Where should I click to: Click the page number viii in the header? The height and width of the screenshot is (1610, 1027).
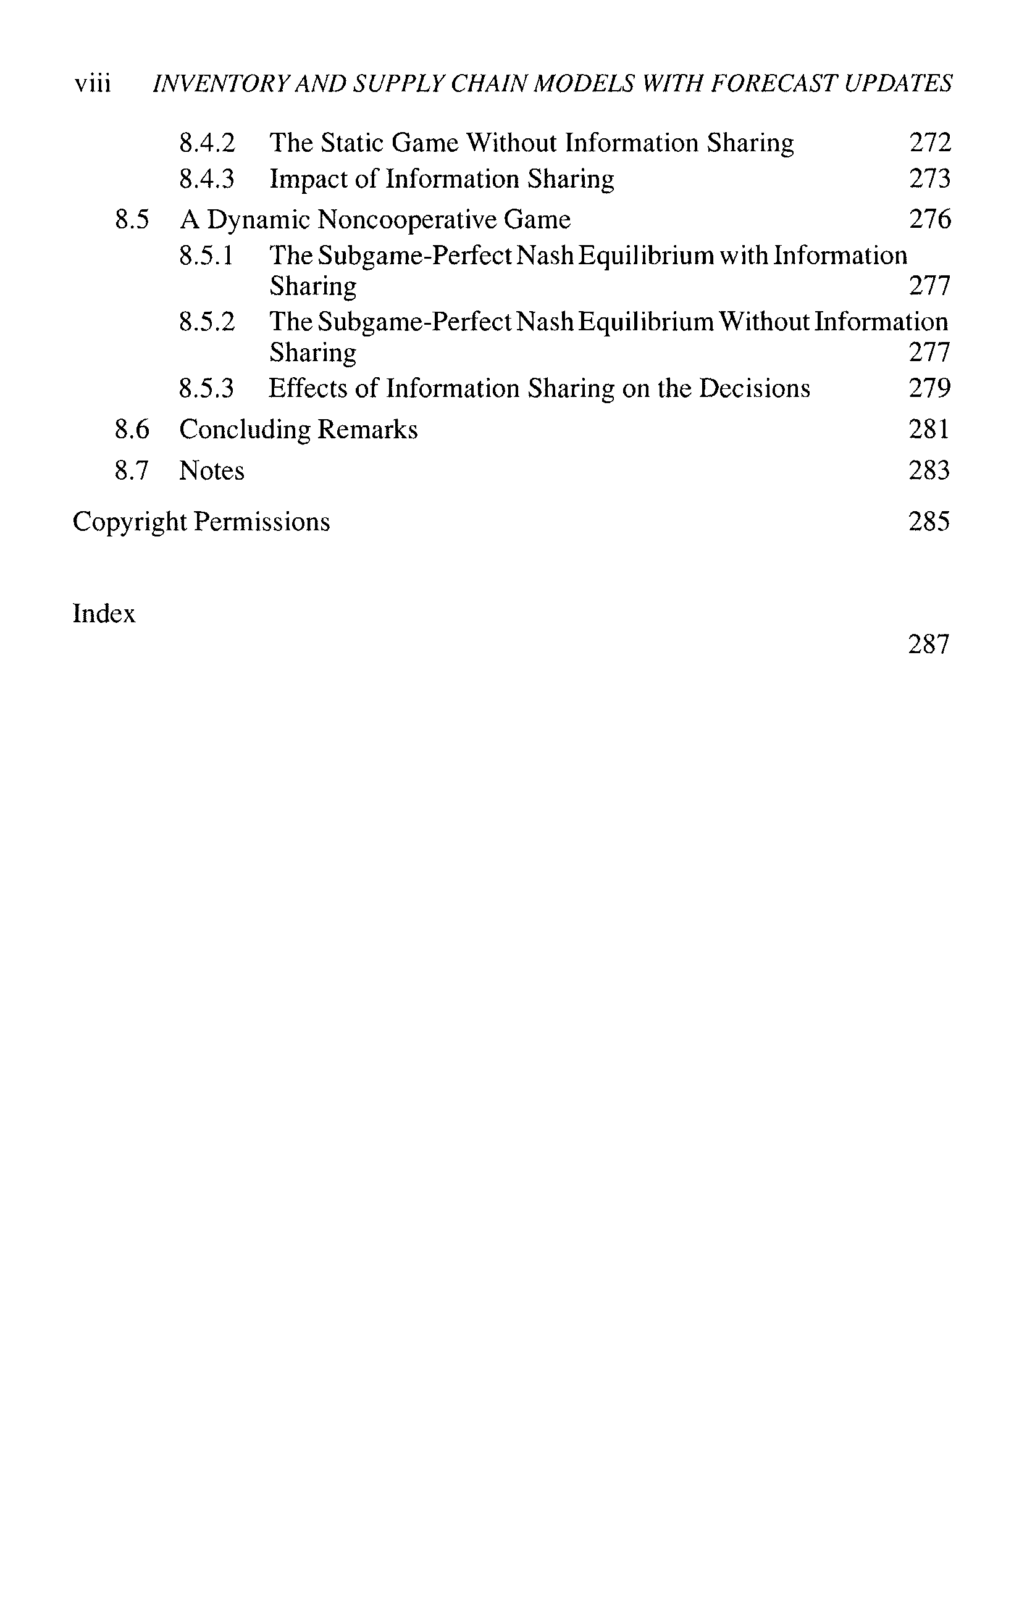click(x=93, y=84)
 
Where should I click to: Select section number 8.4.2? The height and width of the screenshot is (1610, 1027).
click(x=207, y=143)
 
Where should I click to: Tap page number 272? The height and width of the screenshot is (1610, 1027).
click(x=929, y=143)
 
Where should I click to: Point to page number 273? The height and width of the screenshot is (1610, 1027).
click(x=929, y=179)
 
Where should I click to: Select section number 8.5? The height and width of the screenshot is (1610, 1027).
click(x=132, y=220)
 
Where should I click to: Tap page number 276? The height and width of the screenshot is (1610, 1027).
click(x=929, y=220)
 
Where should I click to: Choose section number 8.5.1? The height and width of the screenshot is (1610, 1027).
click(x=206, y=256)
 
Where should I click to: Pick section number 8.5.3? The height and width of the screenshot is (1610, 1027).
click(x=206, y=388)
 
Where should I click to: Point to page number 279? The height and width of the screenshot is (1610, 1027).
click(x=929, y=388)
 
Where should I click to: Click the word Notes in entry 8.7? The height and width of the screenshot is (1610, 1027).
click(x=211, y=472)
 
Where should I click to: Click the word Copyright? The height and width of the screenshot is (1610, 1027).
click(x=129, y=522)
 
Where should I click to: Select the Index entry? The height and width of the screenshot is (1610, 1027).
click(x=104, y=614)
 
